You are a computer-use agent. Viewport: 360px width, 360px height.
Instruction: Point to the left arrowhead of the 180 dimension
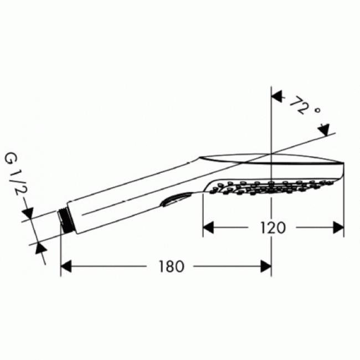point(66,266)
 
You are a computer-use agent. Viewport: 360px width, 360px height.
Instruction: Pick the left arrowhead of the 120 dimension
point(208,227)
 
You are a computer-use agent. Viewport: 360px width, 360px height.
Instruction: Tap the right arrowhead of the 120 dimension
point(337,227)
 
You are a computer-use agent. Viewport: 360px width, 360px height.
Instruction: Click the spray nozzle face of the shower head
point(271,188)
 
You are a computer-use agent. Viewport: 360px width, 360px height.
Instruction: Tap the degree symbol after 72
point(317,111)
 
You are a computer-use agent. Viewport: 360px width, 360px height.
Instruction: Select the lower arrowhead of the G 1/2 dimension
point(40,246)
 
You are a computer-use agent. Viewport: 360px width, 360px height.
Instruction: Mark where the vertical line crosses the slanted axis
point(271,152)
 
